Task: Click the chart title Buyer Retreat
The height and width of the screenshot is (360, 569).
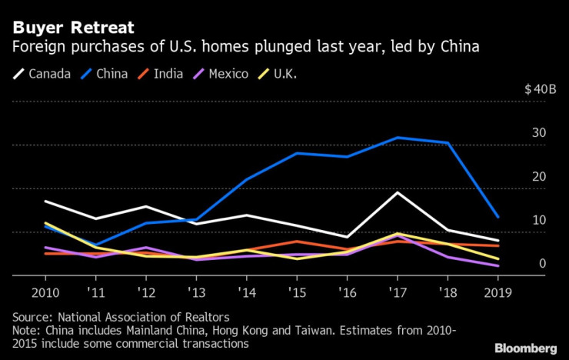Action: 73,28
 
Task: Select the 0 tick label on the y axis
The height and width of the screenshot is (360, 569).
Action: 543,263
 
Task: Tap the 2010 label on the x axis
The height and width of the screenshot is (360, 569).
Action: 46,293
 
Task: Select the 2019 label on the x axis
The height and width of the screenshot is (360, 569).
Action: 497,293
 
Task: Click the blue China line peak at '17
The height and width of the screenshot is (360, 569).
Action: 398,138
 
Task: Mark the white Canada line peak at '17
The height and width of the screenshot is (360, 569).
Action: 398,192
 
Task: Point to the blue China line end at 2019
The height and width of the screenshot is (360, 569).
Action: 497,217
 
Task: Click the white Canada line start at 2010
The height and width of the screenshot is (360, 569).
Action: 46,202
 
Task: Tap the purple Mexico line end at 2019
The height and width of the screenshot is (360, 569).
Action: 497,265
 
